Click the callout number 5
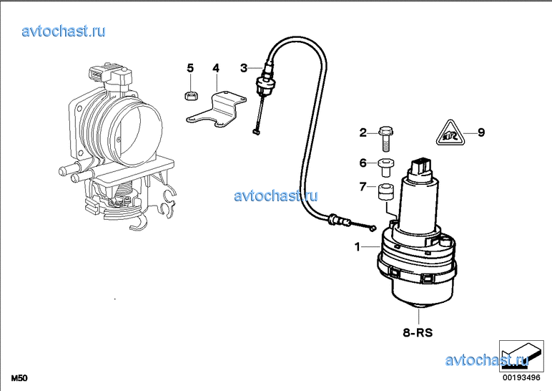click(x=190, y=68)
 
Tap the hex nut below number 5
click(x=191, y=95)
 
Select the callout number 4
click(x=216, y=68)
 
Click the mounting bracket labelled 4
click(x=216, y=110)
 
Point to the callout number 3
click(x=244, y=68)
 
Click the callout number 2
click(x=363, y=132)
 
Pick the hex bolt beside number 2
click(x=385, y=139)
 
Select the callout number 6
click(x=363, y=163)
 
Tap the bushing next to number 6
click(x=386, y=168)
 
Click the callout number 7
click(x=363, y=186)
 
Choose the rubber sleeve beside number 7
click(x=386, y=192)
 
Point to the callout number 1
click(x=358, y=247)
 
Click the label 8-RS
click(x=418, y=332)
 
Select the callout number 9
click(x=481, y=132)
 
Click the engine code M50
click(x=19, y=378)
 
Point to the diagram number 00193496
click(x=521, y=377)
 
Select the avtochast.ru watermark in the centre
click(x=276, y=195)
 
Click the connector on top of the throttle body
click(x=110, y=77)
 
